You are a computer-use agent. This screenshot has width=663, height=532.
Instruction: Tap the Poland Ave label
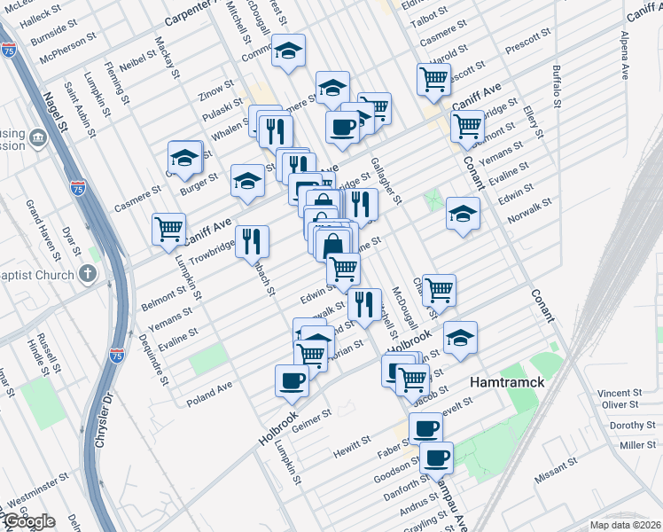coord(209,395)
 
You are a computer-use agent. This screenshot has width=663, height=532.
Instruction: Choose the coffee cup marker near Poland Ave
coord(292,381)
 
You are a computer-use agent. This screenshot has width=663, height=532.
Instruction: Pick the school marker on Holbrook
coord(459,338)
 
